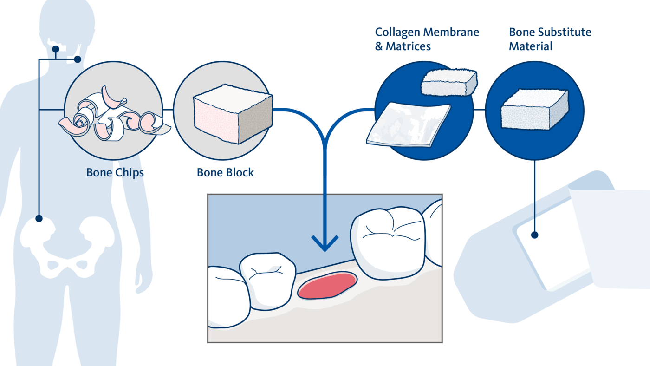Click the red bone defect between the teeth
327,285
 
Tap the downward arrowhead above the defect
325,244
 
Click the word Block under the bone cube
239,173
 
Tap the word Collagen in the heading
396,32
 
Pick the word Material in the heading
530,46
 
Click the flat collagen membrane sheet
408,124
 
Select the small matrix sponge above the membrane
448,83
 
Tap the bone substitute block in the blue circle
534,111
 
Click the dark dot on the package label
535,235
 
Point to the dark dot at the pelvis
39,218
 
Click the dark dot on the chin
56,49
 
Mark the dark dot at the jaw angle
78,59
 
